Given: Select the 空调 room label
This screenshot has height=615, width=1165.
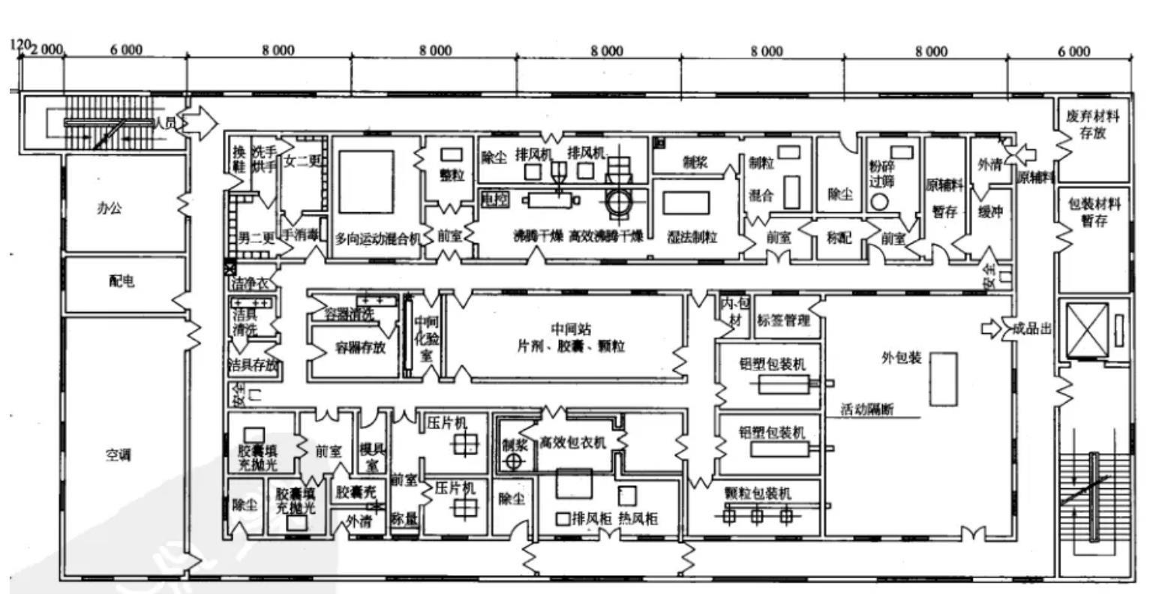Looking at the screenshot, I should (x=118, y=454).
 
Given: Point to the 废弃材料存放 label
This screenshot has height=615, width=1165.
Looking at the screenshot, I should (x=1093, y=125).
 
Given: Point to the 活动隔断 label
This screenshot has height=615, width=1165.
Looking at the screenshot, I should (x=867, y=409).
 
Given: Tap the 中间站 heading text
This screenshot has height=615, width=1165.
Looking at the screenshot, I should (x=571, y=328).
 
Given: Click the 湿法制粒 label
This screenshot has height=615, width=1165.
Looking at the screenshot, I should (x=692, y=237).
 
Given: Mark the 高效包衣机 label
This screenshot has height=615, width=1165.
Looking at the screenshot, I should (x=572, y=442).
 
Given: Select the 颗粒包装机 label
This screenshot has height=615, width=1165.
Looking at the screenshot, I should (x=758, y=493).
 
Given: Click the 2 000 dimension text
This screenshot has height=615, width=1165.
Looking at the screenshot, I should (x=47, y=50).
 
